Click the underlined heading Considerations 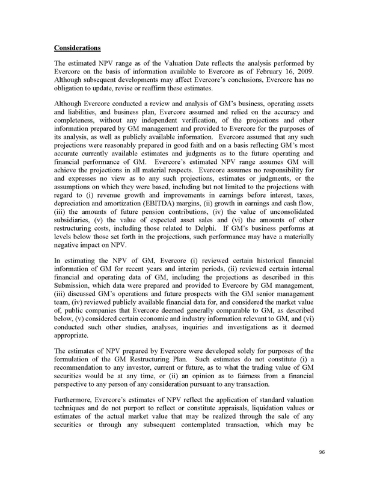coord(77,47)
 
